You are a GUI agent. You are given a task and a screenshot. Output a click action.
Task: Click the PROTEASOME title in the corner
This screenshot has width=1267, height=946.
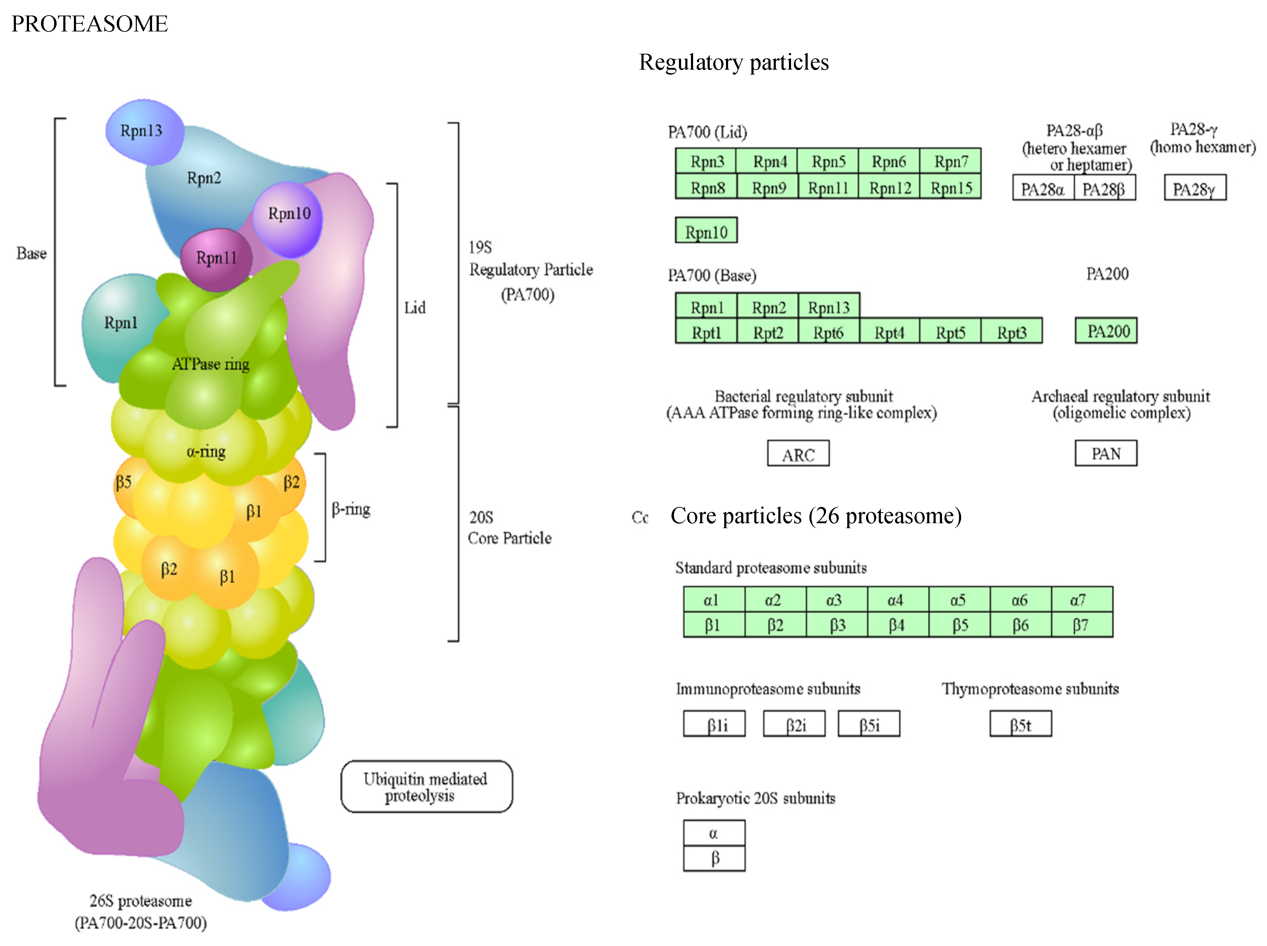[x=89, y=24]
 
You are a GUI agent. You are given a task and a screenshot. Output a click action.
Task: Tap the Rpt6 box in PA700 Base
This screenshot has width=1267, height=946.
[x=828, y=332]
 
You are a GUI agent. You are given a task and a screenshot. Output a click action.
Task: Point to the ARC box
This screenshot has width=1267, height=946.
[x=798, y=454]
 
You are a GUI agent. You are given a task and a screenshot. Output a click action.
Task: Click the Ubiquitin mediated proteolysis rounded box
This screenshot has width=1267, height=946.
[x=426, y=787]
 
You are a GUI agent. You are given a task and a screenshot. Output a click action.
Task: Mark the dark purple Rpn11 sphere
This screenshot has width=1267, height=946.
[x=216, y=258]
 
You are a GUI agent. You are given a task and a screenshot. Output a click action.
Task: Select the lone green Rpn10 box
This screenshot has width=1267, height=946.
[x=706, y=231]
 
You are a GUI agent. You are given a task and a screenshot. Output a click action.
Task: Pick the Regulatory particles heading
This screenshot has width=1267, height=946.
[x=734, y=62]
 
